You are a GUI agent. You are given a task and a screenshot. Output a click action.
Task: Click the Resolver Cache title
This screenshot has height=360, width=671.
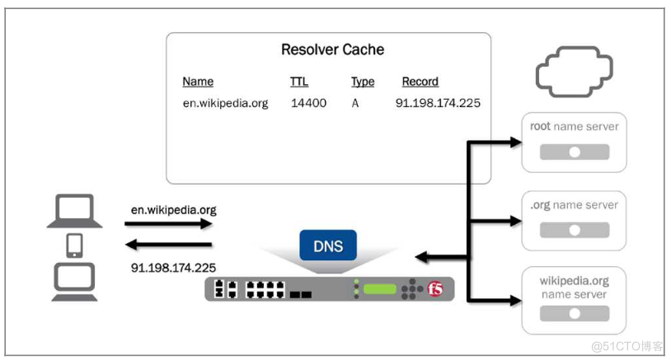pos(333,50)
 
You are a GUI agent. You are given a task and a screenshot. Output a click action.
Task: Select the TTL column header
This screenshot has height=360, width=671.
pos(299,82)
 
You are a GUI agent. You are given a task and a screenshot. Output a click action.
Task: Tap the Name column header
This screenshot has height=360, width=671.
pos(198,82)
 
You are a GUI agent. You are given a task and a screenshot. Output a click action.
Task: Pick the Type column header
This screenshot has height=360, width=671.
pos(363,82)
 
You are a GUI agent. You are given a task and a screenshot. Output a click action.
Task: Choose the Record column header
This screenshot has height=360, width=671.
pos(420,82)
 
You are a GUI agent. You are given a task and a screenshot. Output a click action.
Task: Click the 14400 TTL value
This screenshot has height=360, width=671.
pos(309,104)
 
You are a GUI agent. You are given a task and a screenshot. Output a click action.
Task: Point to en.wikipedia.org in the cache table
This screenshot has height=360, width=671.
pos(225,104)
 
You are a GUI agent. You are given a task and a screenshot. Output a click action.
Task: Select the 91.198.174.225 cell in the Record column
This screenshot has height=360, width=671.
pos(438,104)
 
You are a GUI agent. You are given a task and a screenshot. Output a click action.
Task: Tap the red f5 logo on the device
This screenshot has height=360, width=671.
pos(437,289)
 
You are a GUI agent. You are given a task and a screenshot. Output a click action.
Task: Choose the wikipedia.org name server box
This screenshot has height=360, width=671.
pos(575,299)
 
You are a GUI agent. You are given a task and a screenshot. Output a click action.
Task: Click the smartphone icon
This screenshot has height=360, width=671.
pos(75,245)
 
